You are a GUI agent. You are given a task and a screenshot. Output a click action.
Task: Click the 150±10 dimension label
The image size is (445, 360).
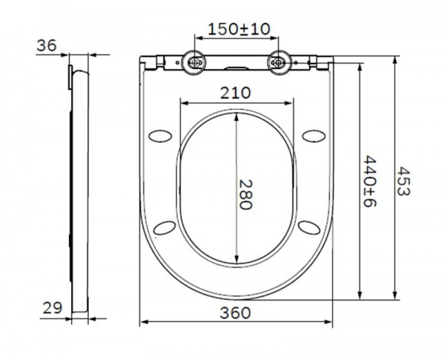point(239,29)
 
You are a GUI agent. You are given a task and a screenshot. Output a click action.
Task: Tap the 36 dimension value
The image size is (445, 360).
point(47,45)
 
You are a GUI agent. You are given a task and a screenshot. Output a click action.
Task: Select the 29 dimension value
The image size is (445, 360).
point(53,308)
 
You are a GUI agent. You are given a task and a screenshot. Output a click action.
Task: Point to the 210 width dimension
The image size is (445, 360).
point(236,93)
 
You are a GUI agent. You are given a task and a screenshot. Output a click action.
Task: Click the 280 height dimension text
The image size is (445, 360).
point(245,194)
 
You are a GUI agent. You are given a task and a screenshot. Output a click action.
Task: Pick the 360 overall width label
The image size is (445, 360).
point(236,312)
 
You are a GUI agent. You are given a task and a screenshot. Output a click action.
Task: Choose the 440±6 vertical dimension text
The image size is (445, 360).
point(370,181)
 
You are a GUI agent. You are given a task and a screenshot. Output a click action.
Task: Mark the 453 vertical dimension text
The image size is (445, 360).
point(403,181)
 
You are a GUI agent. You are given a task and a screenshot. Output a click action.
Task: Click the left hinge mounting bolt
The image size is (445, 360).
point(194,62)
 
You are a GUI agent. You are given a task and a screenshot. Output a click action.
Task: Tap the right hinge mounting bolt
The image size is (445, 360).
point(278,62)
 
